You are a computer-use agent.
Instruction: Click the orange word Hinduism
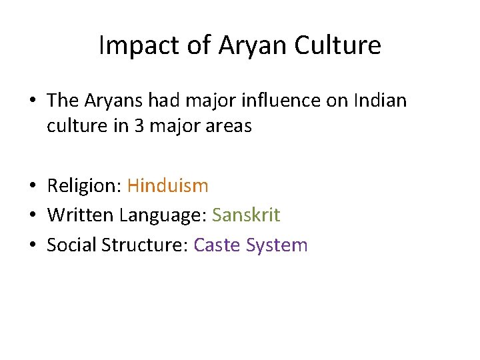click(167, 185)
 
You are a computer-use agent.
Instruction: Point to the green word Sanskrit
click(246, 215)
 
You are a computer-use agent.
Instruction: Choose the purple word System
click(277, 245)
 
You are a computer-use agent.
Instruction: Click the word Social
click(71, 245)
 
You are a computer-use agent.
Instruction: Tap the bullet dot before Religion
click(33, 186)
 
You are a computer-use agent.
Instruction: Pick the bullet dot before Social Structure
click(33, 246)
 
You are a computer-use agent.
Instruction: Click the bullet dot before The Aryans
click(33, 101)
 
